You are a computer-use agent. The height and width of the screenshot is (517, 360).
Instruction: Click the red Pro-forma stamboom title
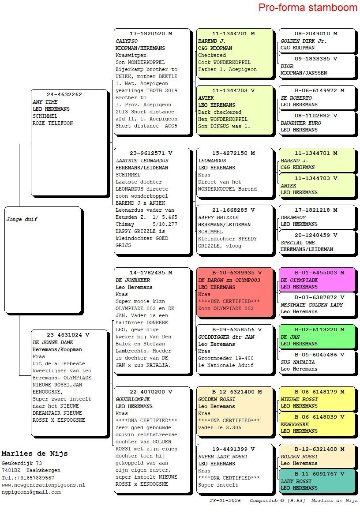(x=307, y=7)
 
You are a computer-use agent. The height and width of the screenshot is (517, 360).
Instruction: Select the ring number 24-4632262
(x=64, y=94)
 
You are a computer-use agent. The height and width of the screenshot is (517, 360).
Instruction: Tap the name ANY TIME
(x=45, y=102)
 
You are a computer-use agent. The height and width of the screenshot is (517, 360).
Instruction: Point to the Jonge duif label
(x=22, y=219)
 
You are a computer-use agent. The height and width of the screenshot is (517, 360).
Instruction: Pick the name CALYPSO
(x=127, y=41)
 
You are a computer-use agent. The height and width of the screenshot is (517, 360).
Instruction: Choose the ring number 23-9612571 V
(x=151, y=153)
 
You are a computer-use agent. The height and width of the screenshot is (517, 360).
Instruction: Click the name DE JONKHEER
(x=133, y=280)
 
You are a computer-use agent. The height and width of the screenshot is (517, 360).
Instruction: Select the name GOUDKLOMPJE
(x=133, y=399)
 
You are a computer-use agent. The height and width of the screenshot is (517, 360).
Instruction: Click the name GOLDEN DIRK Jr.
(x=304, y=41)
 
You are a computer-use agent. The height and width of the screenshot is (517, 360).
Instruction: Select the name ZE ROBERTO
(x=296, y=98)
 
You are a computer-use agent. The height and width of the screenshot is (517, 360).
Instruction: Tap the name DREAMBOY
(x=293, y=217)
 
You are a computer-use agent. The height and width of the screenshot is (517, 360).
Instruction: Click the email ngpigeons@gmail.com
(x=31, y=492)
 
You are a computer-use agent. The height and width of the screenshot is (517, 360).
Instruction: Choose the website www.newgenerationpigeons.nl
(x=43, y=485)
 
